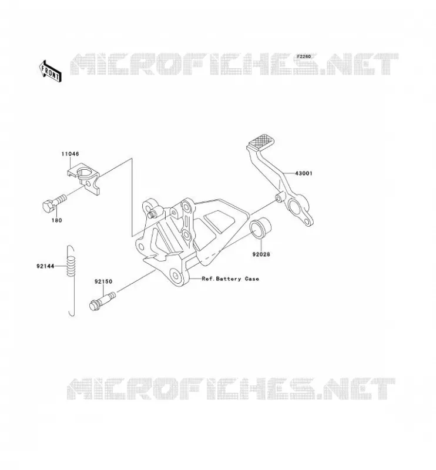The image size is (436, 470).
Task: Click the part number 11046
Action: pyautogui.click(x=70, y=154)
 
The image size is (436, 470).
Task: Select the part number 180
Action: pyautogui.click(x=56, y=220)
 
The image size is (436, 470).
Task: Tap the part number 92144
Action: pyautogui.click(x=45, y=266)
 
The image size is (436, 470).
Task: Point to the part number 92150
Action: pyautogui.click(x=103, y=281)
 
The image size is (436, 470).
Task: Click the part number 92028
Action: pyautogui.click(x=261, y=254)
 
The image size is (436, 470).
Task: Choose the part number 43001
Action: pyautogui.click(x=303, y=173)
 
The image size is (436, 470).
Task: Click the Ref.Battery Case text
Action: pyautogui.click(x=230, y=278)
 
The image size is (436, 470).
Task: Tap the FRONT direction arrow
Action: pyautogui.click(x=51, y=71)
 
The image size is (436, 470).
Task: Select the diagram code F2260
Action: pyautogui.click(x=304, y=56)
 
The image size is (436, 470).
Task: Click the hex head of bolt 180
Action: pyautogui.click(x=48, y=207)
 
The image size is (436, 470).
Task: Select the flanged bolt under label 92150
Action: pyautogui.click(x=102, y=301)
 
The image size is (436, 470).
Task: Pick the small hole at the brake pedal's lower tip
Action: pyautogui.click(x=306, y=222)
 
